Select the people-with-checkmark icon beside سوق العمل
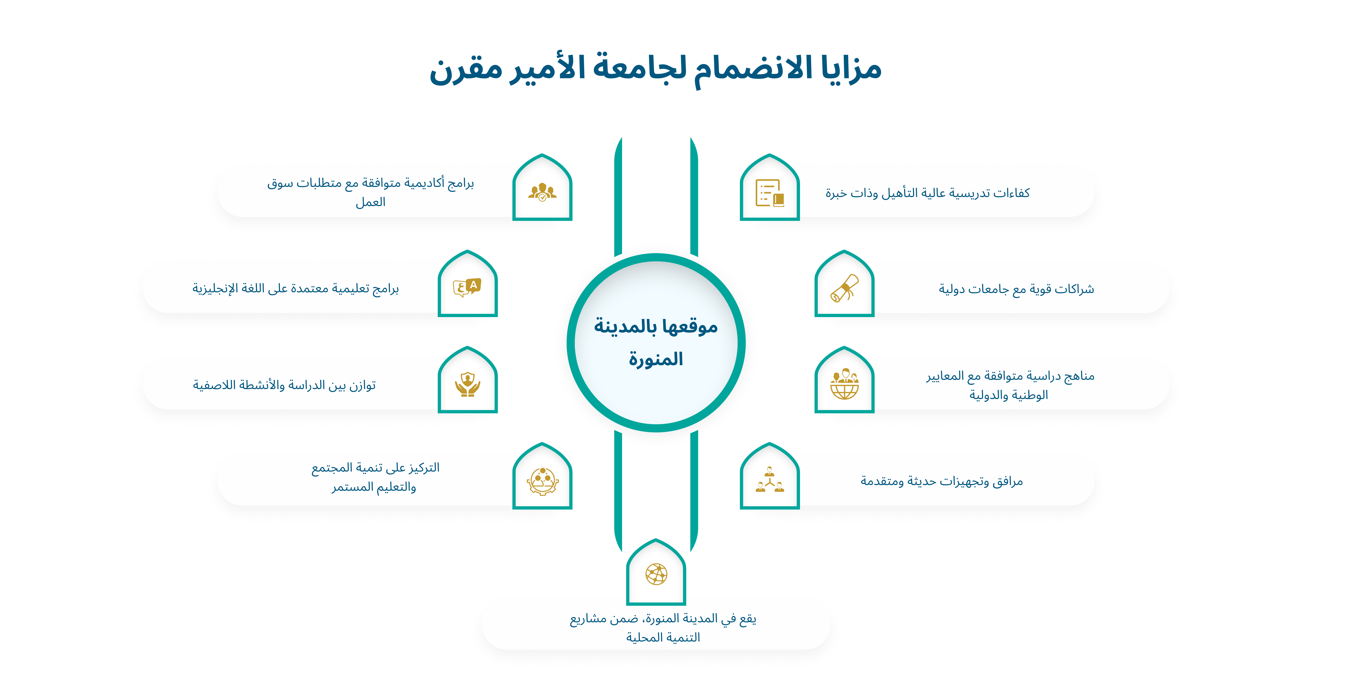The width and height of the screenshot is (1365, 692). pyautogui.click(x=542, y=192)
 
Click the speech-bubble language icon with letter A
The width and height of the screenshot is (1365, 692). pyautogui.click(x=467, y=287)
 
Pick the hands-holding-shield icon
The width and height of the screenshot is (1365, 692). pyautogui.click(x=467, y=384)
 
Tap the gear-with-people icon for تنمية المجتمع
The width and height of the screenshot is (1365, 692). pyautogui.click(x=542, y=481)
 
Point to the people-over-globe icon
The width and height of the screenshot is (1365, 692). pyautogui.click(x=844, y=384)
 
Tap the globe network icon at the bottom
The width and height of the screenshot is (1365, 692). pyautogui.click(x=656, y=574)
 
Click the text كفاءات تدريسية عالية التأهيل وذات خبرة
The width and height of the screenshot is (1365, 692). pyautogui.click(x=927, y=193)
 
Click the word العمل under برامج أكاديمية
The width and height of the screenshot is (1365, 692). pyautogui.click(x=370, y=202)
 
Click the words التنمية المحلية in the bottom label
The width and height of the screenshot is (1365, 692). pyautogui.click(x=663, y=637)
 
